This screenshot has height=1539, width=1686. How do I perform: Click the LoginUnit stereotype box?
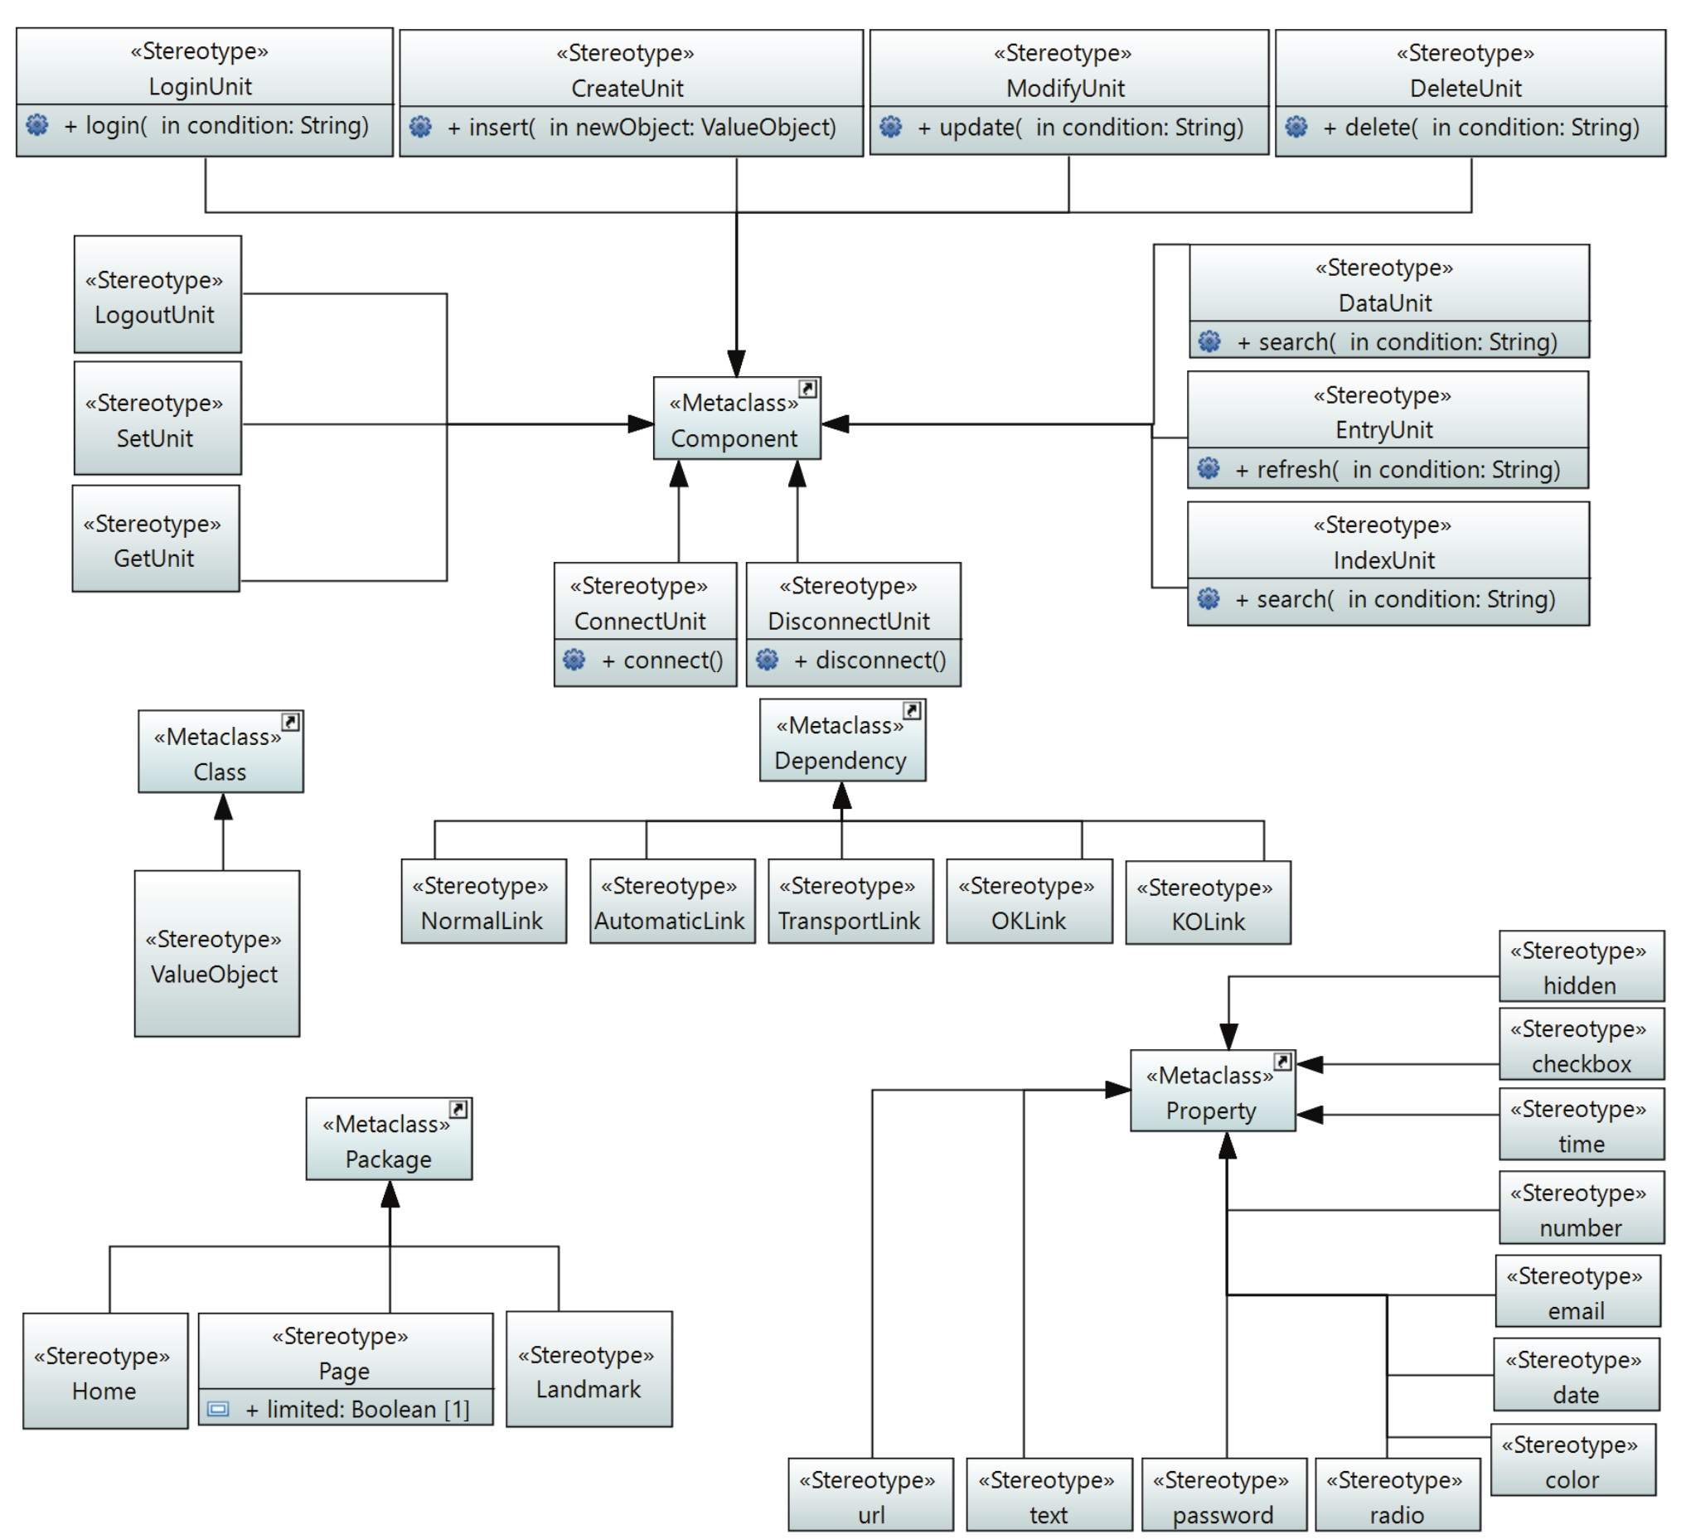pyautogui.click(x=204, y=69)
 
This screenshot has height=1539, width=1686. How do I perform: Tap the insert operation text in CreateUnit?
pyautogui.click(x=642, y=127)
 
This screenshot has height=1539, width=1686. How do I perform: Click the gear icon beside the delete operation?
pyautogui.click(x=1296, y=127)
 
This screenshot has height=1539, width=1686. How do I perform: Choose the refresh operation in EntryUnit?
pyautogui.click(x=1398, y=469)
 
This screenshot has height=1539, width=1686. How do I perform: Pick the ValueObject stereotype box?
pyautogui.click(x=216, y=956)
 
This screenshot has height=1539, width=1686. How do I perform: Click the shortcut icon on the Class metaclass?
pyautogui.click(x=290, y=722)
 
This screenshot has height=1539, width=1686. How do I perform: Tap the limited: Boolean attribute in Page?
pyautogui.click(x=357, y=1410)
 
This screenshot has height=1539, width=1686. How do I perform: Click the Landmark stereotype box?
pyautogui.click(x=589, y=1372)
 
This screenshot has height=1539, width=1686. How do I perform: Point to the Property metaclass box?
pyautogui.click(x=1213, y=1092)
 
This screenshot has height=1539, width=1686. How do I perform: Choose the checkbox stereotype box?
pyautogui.click(x=1582, y=1046)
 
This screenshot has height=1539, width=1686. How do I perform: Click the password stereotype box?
pyautogui.click(x=1223, y=1497)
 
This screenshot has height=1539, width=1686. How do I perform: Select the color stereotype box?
pyautogui.click(x=1573, y=1461)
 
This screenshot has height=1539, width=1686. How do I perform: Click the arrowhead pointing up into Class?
pyautogui.click(x=223, y=807)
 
